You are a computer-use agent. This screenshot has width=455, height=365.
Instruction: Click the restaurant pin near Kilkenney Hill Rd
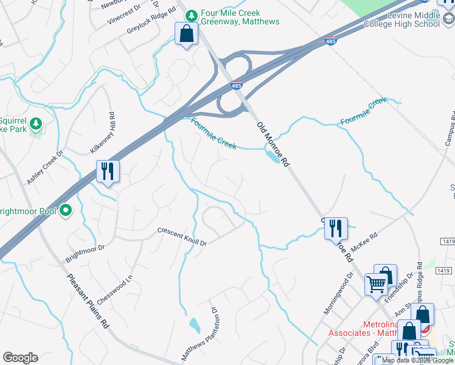coord(108,172)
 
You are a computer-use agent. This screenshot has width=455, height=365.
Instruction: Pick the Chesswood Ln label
coord(119,285)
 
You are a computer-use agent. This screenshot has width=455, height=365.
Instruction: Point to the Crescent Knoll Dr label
coord(182,237)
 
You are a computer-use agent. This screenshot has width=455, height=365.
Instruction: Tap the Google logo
coord(20,358)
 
